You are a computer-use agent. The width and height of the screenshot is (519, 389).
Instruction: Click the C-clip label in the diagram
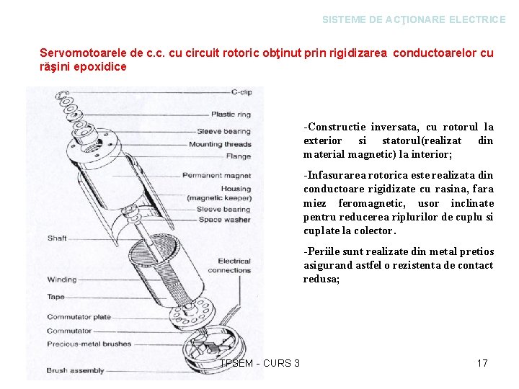[241, 92]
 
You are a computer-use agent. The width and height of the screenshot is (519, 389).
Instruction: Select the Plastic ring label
[231, 114]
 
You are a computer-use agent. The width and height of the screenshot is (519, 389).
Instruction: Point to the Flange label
[239, 156]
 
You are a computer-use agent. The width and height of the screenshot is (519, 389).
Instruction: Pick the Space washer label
[224, 220]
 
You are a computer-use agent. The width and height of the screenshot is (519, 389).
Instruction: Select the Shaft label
[57, 238]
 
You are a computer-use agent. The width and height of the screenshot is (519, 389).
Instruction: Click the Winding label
[62, 280]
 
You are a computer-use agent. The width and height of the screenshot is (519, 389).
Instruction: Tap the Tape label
[56, 297]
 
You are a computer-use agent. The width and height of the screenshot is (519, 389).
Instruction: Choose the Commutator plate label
[79, 317]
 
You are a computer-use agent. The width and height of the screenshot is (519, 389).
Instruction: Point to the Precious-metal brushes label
[89, 344]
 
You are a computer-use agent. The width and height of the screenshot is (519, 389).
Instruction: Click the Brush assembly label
[75, 370]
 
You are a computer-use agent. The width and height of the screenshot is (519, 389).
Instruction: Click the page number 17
[482, 363]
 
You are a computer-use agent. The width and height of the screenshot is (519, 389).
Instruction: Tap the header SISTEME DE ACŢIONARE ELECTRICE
[414, 20]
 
